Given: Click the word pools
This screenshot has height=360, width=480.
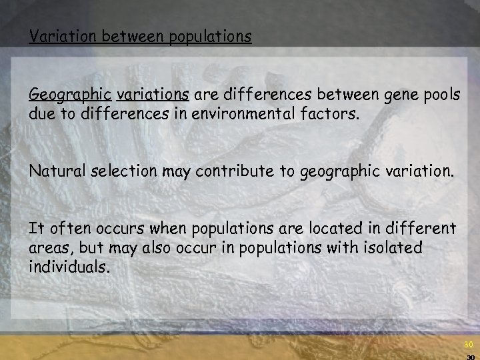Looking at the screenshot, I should point(437,96).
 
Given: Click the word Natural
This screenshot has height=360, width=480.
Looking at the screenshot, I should point(55,171).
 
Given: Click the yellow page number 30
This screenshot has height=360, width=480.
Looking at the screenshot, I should point(467,345).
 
